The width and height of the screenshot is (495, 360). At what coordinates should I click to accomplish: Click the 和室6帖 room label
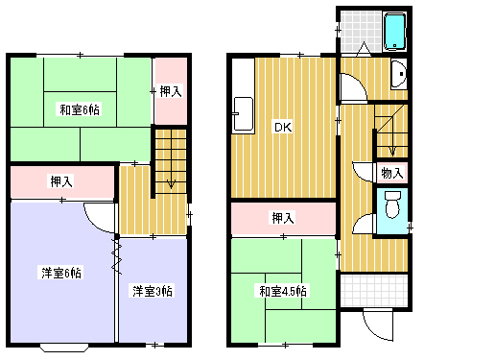click(81, 109)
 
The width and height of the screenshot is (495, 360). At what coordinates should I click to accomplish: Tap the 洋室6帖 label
click(60, 272)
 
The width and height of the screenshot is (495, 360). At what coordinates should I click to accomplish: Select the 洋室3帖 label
click(153, 290)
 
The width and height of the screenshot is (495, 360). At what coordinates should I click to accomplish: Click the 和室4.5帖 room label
click(281, 291)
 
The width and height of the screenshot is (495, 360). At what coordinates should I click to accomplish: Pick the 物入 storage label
click(390, 174)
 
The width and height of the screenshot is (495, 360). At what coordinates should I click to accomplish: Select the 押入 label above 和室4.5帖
click(282, 218)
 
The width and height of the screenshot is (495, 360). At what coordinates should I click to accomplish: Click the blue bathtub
click(395, 33)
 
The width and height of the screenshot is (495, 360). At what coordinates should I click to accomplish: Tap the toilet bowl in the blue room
click(390, 205)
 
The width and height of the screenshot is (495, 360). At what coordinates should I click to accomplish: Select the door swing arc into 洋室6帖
click(98, 217)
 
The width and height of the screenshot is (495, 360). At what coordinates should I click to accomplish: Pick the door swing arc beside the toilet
click(363, 225)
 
